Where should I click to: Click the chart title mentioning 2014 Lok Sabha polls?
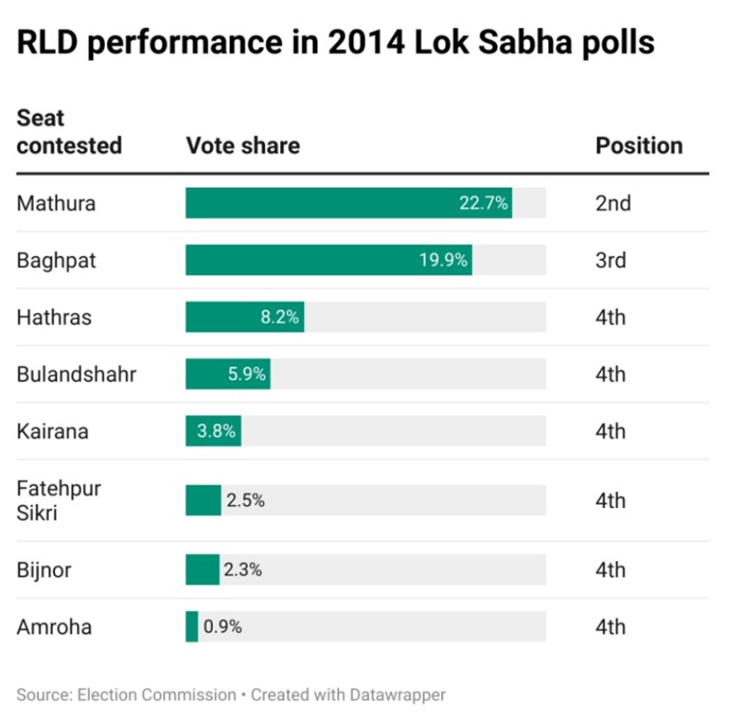[335, 43]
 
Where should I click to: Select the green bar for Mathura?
[348, 203]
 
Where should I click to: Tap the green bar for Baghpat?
[328, 260]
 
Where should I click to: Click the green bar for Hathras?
[245, 317]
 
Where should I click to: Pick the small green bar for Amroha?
[192, 626]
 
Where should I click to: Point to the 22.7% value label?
[483, 203]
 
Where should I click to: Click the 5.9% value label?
[247, 374]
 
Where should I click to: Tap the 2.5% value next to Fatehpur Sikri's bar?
[246, 500]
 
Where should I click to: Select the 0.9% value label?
[222, 626]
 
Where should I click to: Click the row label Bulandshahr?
[76, 374]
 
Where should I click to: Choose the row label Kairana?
[52, 431]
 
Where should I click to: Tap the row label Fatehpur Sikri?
[59, 500]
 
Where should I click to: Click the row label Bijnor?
[44, 570]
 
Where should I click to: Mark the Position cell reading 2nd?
[613, 203]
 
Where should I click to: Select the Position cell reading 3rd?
[611, 260]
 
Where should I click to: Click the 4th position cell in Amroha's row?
[611, 626]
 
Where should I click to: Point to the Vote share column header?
[243, 146]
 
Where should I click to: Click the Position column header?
[639, 146]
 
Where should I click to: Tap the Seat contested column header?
[69, 132]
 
